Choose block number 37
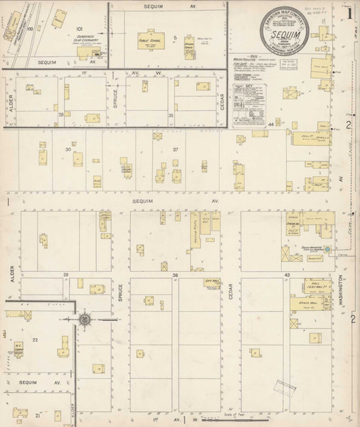[x=174, y=149]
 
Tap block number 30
[x=68, y=149]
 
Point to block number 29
[x=65, y=274]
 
